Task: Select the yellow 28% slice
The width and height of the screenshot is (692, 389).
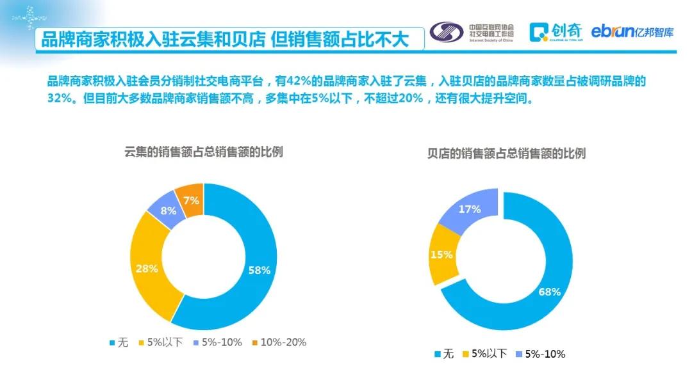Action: click(x=147, y=268)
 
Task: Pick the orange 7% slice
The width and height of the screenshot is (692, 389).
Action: click(x=191, y=200)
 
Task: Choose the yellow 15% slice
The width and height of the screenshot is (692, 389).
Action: click(x=441, y=254)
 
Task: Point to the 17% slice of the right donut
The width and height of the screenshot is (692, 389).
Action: click(x=470, y=209)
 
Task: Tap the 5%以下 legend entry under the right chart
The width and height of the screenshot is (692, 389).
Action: click(x=484, y=354)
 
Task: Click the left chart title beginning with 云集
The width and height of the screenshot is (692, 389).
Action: click(x=203, y=152)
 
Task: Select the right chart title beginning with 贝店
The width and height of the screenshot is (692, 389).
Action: click(x=506, y=154)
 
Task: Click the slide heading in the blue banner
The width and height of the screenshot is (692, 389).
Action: click(x=224, y=39)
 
